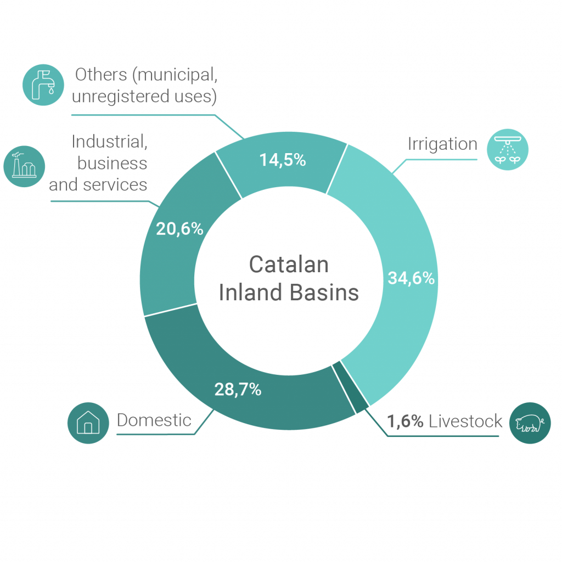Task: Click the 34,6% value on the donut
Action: tap(411, 278)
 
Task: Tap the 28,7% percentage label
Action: tap(237, 391)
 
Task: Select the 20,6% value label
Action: tap(179, 229)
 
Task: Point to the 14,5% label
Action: tap(282, 160)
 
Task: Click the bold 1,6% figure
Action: tap(405, 421)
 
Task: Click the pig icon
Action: tap(530, 423)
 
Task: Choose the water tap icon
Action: tap(42, 84)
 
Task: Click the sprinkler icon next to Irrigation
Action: tap(508, 150)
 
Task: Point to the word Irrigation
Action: tap(442, 144)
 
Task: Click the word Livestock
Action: tap(466, 421)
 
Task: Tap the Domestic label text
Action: tap(154, 421)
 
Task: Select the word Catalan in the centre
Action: tap(289, 265)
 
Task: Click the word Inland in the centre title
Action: tap(251, 293)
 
